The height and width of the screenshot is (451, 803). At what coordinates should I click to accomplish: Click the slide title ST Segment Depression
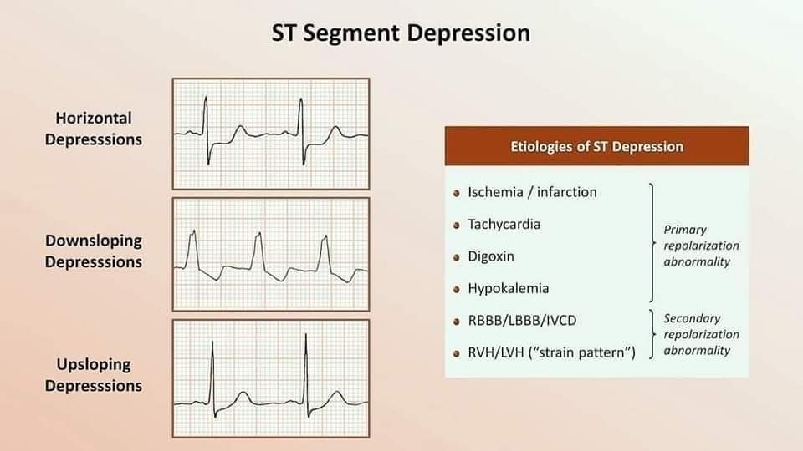coord(401,33)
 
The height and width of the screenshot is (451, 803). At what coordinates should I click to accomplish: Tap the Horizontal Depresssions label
coord(94,129)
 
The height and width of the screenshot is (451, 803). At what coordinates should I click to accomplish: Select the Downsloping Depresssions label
coord(94,251)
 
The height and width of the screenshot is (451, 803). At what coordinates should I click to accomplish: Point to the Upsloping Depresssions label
coord(94,374)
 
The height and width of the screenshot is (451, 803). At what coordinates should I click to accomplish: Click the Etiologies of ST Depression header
coord(596,146)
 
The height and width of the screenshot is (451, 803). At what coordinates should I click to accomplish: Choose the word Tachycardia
coord(504,224)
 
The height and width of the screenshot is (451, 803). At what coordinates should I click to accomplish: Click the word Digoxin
coord(491,256)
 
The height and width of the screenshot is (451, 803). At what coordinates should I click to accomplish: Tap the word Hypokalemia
coord(508,288)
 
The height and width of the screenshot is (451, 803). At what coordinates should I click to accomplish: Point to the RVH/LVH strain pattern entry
coord(551,352)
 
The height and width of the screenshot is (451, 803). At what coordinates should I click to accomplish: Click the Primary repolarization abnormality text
coord(701,246)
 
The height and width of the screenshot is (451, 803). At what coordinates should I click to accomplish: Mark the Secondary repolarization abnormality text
coord(701,334)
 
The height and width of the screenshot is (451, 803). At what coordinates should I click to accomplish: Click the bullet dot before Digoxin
coord(457,257)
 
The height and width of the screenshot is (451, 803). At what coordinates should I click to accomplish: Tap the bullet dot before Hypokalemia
coord(457,290)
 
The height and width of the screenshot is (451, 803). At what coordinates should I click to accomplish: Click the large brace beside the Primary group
coord(652,242)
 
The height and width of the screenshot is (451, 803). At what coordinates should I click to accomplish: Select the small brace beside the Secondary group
coord(652,336)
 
